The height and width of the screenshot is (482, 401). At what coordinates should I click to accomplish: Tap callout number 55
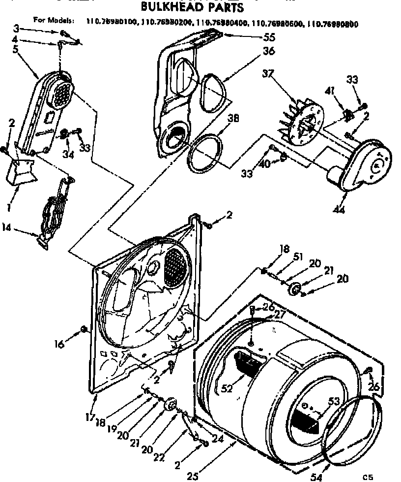(255, 36)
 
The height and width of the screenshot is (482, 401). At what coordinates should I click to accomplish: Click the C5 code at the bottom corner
(368, 476)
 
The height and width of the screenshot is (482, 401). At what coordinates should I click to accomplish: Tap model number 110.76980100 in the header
(112, 22)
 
